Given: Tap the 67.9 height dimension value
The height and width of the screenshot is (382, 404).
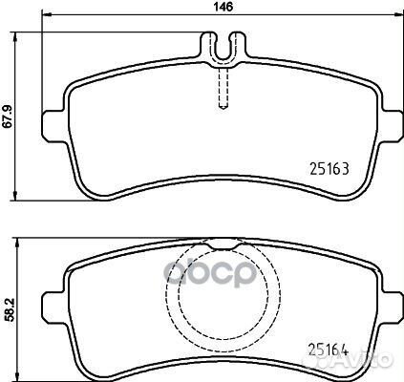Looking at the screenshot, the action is coord(8,117).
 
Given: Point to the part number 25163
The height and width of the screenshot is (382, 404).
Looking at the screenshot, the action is coord(330,168).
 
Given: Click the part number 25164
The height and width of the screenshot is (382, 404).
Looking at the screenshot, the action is coord(328,350).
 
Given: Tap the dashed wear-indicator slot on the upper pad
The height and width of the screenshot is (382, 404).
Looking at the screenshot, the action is coord(223,89).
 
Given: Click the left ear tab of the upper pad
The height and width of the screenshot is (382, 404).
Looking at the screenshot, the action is coord(53,126).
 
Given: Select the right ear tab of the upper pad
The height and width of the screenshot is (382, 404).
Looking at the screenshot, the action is coord(393,126).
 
